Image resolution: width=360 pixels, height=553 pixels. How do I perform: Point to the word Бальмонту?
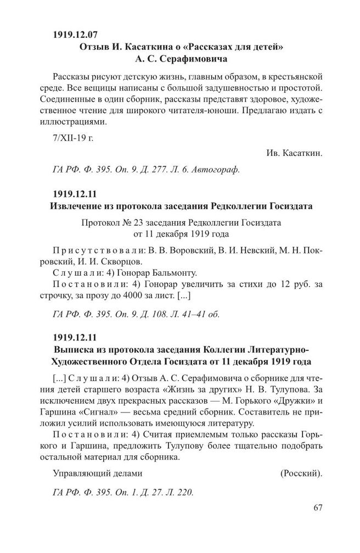(173, 273)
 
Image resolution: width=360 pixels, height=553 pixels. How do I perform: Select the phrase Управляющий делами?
(97, 473)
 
